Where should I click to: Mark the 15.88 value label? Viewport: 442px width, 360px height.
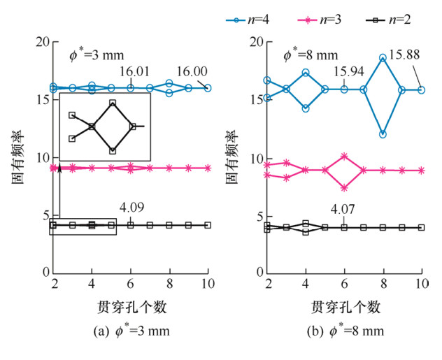point(404,55)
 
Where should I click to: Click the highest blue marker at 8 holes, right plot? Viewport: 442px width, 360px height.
point(383,58)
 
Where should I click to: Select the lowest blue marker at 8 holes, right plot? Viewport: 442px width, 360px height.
point(383,134)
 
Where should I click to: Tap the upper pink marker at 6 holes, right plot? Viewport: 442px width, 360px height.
point(344,156)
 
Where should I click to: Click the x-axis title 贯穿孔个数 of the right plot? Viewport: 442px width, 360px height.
point(345,306)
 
